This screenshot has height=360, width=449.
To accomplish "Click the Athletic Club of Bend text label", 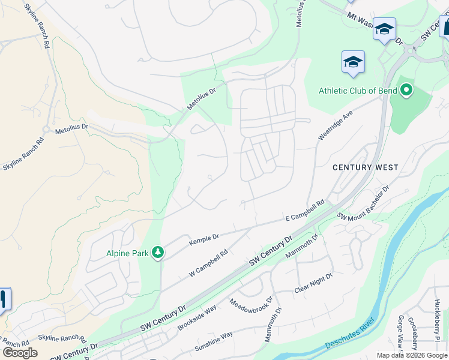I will point(357,91).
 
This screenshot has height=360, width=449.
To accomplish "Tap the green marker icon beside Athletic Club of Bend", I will point(406,91).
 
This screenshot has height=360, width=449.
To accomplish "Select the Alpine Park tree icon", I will point(157,253).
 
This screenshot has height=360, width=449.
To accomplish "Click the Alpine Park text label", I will point(127,253).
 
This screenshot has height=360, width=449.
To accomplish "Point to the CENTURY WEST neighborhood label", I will point(366,167).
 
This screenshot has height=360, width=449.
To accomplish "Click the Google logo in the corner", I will point(20,353).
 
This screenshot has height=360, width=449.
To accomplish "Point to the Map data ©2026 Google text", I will point(412,355).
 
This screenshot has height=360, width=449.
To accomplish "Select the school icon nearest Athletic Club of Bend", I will point(353,61).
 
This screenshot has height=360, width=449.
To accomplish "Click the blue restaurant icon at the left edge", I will point(3,298).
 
